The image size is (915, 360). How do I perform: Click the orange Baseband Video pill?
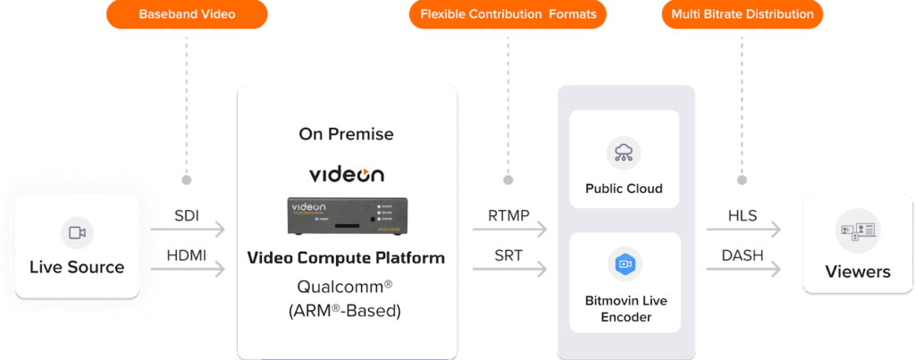[x=187, y=14]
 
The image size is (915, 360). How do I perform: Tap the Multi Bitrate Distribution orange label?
[x=742, y=14]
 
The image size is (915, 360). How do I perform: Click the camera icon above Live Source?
[x=77, y=233]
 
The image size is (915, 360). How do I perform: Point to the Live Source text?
[x=77, y=266]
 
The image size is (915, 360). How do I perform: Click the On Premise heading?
[x=346, y=135]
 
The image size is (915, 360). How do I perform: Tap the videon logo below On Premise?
[x=346, y=174]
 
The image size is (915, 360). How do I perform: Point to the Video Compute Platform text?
[x=346, y=259]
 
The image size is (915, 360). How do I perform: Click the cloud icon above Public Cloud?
[x=624, y=153]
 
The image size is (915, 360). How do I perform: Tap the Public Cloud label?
[x=624, y=188]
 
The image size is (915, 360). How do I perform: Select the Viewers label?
[x=858, y=272]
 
